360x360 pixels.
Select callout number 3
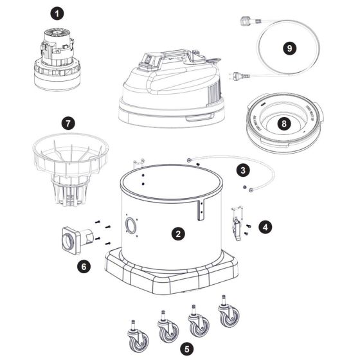click(x=243, y=170)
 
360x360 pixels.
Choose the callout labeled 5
click(x=186, y=349)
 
